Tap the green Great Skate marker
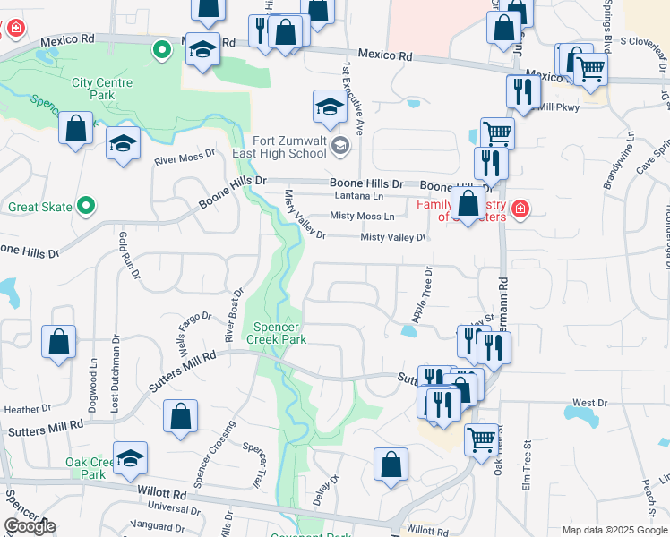tap(85, 207)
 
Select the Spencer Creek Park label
tap(279, 333)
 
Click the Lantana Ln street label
tap(358, 195)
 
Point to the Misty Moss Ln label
tap(362, 216)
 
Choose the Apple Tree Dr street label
tap(422, 295)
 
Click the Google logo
tap(30, 526)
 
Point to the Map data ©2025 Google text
tap(614, 530)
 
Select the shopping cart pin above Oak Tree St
tap(482, 439)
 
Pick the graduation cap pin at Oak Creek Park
tap(131, 459)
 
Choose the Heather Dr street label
tap(21, 409)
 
